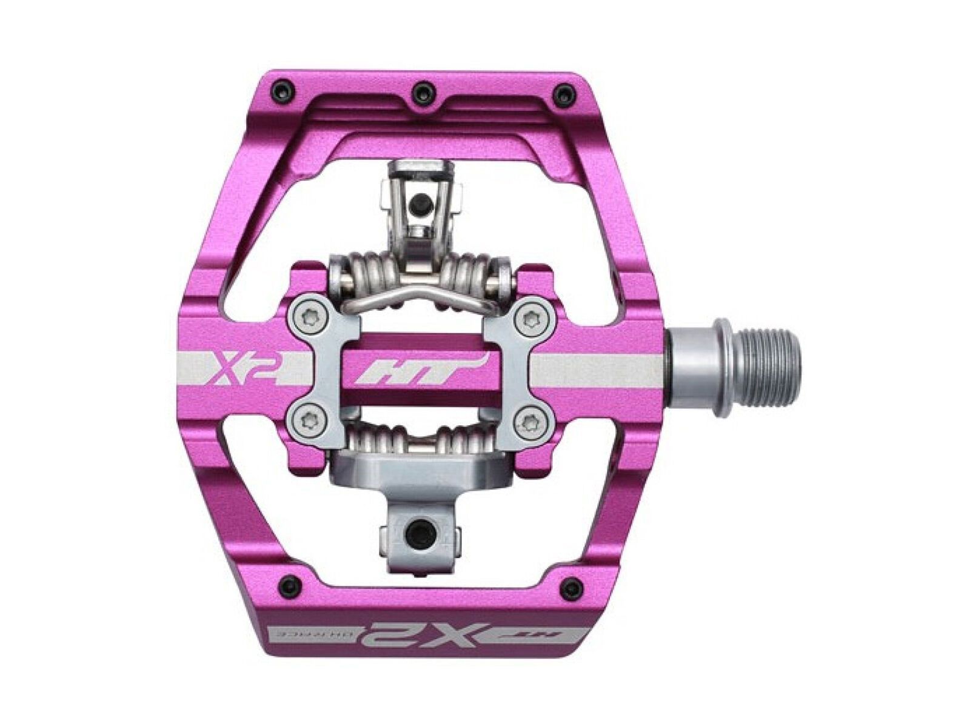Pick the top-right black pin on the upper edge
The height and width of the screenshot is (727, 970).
tap(566, 93)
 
